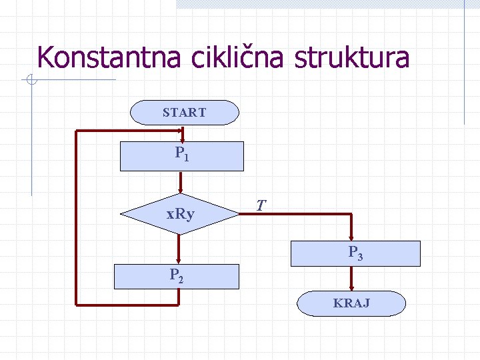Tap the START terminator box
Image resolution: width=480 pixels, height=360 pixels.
pyautogui.click(x=184, y=113)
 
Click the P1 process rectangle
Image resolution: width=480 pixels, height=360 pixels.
pyautogui.click(x=181, y=156)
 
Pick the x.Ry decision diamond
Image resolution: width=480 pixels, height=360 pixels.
pyautogui.click(x=180, y=214)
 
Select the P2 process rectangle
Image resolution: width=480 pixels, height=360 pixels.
pyautogui.click(x=176, y=276)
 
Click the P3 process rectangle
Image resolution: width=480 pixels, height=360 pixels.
pyautogui.click(x=355, y=253)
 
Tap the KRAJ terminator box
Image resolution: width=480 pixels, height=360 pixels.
pyautogui.click(x=351, y=303)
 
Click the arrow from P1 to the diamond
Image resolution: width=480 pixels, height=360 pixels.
pyautogui.click(x=180, y=182)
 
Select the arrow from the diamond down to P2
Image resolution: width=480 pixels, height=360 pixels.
pyautogui.click(x=179, y=248)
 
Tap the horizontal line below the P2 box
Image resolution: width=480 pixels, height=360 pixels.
pyautogui.click(x=127, y=305)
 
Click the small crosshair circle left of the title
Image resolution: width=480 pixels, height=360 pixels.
pyautogui.click(x=31, y=81)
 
